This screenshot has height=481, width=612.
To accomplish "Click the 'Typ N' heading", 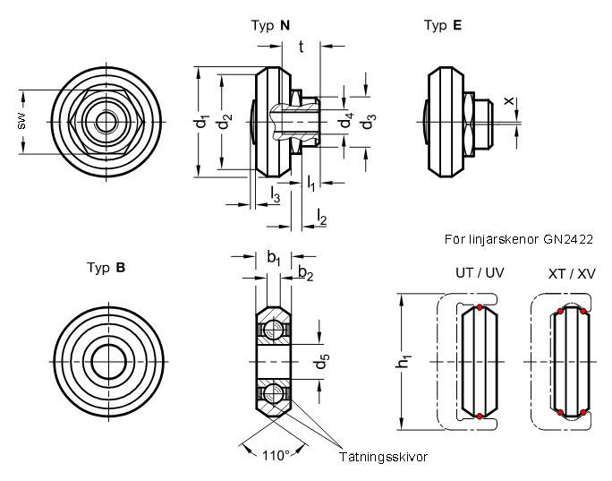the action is (x=270, y=25).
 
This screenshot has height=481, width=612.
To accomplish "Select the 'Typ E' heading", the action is (x=443, y=25).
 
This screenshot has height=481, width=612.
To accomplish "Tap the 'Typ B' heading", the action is (x=106, y=268).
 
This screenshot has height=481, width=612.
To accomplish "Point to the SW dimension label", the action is (x=21, y=122).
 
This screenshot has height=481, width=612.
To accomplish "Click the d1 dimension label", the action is (x=202, y=122).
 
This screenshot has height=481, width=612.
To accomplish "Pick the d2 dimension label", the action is (x=225, y=122).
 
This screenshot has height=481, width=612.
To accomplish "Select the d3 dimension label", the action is (x=368, y=122).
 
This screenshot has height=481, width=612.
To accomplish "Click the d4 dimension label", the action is (x=346, y=120).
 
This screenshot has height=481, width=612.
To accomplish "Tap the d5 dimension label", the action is (x=322, y=361).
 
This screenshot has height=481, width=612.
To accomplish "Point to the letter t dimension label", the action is (x=301, y=47).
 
